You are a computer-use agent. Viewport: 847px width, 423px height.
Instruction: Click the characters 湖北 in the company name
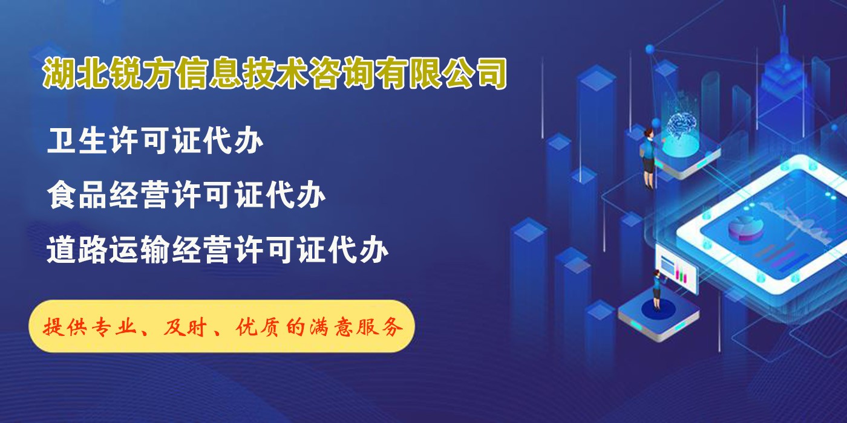(x=75, y=74)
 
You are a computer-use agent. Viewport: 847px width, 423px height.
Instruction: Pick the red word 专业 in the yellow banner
(x=116, y=327)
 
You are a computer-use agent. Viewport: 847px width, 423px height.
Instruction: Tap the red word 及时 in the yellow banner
(x=185, y=327)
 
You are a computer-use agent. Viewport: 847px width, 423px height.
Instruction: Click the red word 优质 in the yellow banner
(x=257, y=327)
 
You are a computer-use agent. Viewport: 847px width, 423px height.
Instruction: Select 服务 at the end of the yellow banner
(x=382, y=327)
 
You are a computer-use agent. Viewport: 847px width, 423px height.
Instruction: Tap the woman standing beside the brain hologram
(x=648, y=158)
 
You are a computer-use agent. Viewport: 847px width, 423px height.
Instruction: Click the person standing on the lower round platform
(x=657, y=290)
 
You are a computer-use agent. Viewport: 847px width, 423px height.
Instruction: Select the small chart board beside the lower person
(x=676, y=270)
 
